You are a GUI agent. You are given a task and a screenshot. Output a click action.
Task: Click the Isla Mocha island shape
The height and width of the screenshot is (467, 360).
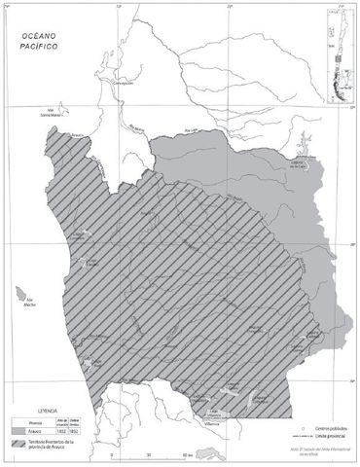pyautogui.click(x=19, y=292)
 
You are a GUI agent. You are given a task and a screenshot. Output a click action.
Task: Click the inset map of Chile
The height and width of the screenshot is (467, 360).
pyautogui.click(x=335, y=44)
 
